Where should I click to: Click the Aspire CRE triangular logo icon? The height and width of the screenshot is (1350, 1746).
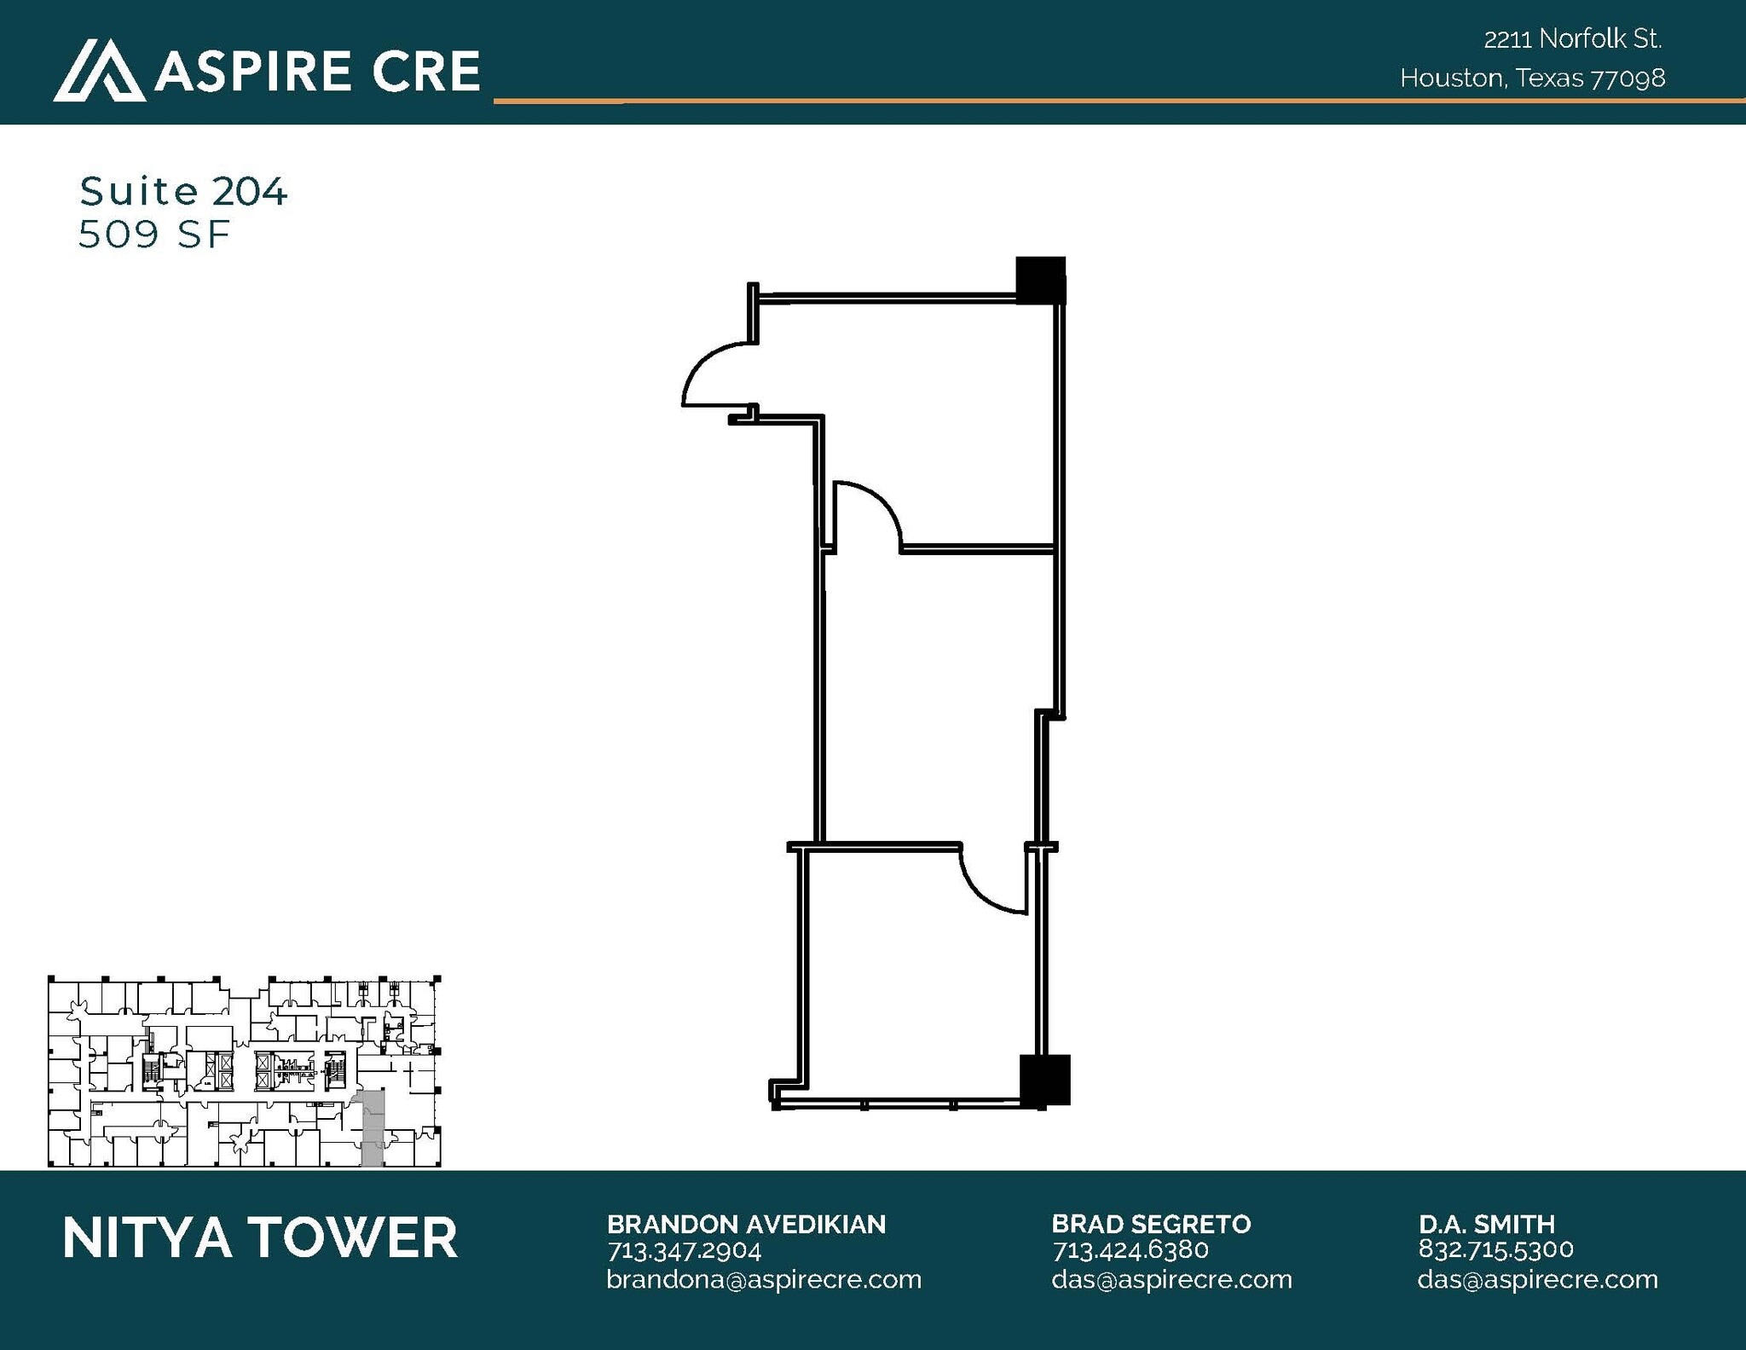[x=99, y=71]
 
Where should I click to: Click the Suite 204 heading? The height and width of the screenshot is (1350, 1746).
[x=183, y=191]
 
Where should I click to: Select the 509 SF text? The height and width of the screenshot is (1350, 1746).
[x=154, y=235]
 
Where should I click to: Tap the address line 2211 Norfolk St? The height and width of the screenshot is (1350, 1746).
[x=1573, y=39]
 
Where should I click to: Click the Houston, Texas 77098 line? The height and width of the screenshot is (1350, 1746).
[x=1532, y=78]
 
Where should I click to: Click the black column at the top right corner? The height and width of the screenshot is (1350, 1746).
[x=1040, y=280]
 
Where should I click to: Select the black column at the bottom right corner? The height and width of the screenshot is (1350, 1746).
[x=1044, y=1080]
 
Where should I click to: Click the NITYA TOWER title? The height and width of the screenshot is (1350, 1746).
[x=260, y=1238]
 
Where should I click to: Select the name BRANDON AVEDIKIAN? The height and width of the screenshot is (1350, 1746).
[x=746, y=1225]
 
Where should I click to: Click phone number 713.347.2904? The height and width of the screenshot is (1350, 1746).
[x=684, y=1250]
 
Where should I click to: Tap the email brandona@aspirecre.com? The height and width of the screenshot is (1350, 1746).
[x=764, y=1279]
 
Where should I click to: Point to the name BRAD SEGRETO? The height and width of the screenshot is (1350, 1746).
[x=1151, y=1225]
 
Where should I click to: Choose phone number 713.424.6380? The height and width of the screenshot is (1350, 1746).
[x=1130, y=1250]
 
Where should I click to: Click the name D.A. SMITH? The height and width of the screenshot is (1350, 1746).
[x=1487, y=1225]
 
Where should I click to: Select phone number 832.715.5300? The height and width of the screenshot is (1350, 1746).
[x=1496, y=1249]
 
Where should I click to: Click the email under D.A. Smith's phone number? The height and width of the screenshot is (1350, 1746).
[x=1537, y=1279]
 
